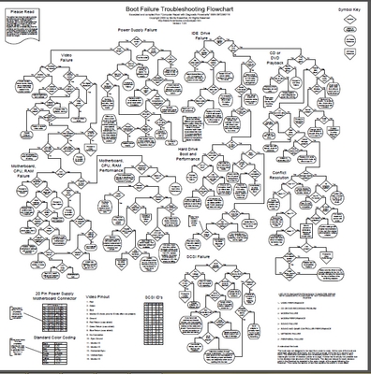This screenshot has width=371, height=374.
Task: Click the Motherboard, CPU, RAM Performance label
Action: (x=115, y=167)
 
